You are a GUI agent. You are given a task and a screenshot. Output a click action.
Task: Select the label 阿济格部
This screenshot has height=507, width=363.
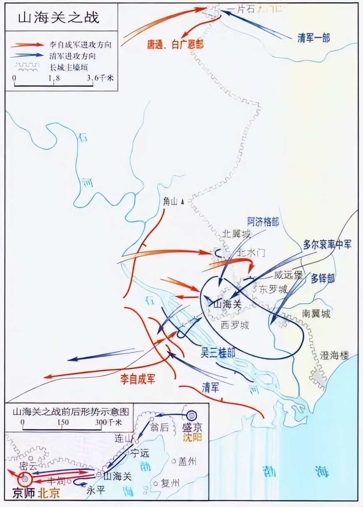point(263,221)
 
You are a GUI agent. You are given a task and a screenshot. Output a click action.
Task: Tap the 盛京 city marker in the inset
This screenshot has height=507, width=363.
point(192,415)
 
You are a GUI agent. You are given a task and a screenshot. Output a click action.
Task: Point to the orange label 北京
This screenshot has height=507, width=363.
point(49,493)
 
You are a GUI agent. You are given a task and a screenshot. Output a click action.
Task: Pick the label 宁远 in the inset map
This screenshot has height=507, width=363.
point(139,453)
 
